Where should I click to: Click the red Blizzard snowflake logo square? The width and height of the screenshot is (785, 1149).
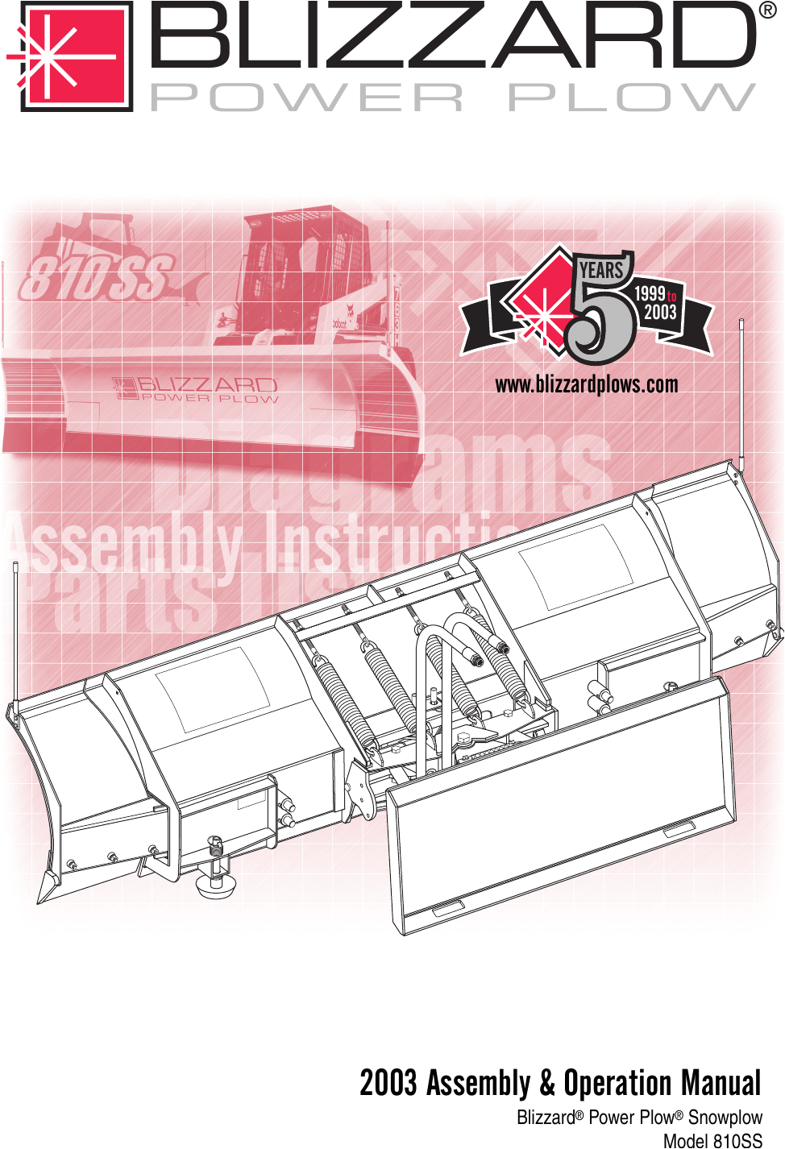[x=76, y=56]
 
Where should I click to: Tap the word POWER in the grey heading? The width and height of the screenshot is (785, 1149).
[x=307, y=98]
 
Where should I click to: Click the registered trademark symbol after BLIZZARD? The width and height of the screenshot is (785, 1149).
[x=767, y=10]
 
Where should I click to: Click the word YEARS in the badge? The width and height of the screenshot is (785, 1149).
[x=601, y=270]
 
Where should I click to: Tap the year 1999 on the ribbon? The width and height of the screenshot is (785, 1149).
[x=650, y=294]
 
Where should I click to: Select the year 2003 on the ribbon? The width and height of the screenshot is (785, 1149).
[x=660, y=313]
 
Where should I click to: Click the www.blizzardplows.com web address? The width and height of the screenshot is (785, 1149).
[x=586, y=384]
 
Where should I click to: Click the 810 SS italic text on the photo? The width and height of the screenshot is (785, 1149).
[x=97, y=276]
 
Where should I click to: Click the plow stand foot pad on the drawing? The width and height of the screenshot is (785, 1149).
[x=215, y=887]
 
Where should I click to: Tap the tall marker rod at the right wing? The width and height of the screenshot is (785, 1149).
[x=741, y=395]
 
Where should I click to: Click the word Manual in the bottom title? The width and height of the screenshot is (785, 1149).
[x=721, y=1083]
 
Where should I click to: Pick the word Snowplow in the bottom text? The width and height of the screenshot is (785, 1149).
[x=725, y=1118]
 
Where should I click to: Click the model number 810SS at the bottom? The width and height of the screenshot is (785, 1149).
[x=737, y=1140]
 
